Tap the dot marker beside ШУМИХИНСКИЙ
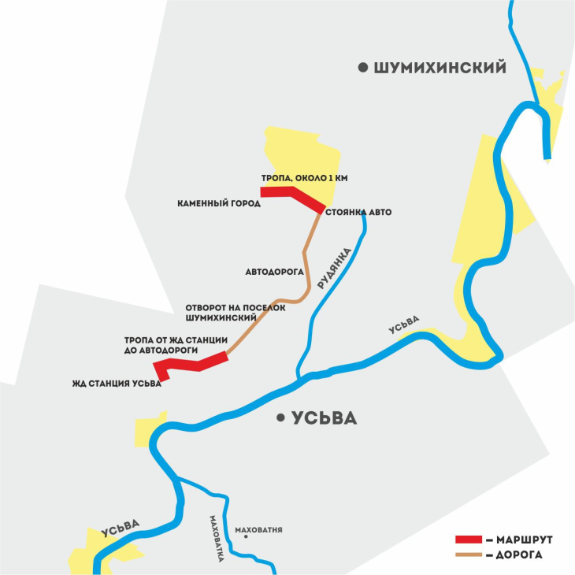(363, 69)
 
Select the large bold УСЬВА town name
(324, 419)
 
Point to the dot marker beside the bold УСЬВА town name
(280, 419)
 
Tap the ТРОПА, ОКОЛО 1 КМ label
(304, 178)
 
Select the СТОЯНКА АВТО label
(358, 213)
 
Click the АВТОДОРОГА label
(275, 272)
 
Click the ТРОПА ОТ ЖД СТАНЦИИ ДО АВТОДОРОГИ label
(176, 345)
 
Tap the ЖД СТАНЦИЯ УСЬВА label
(117, 384)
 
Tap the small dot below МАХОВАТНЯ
(247, 538)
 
